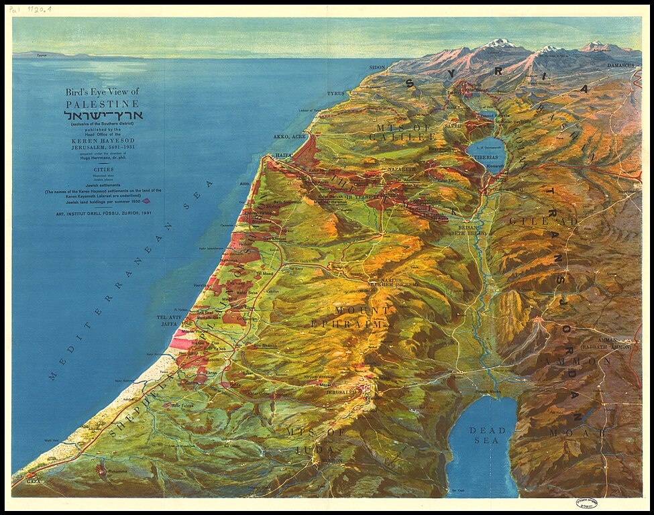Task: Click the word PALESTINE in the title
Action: click(x=102, y=104)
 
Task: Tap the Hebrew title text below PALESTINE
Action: click(x=102, y=115)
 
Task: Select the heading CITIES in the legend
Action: click(x=102, y=170)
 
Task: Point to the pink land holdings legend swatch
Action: click(x=146, y=201)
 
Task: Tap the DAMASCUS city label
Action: click(x=620, y=65)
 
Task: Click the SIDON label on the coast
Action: click(x=377, y=68)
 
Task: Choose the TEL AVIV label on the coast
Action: click(x=168, y=317)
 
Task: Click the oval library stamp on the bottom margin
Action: click(x=587, y=503)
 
